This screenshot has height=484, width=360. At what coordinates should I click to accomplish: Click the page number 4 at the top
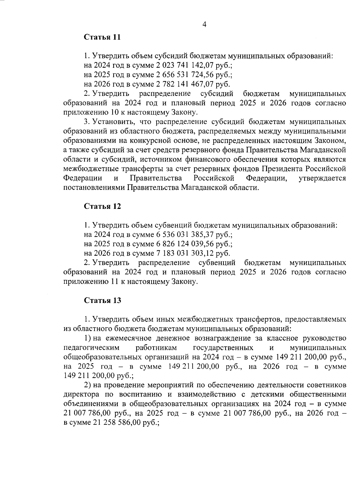(204, 25)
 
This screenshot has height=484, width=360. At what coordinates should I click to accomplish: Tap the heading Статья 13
(102, 300)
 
